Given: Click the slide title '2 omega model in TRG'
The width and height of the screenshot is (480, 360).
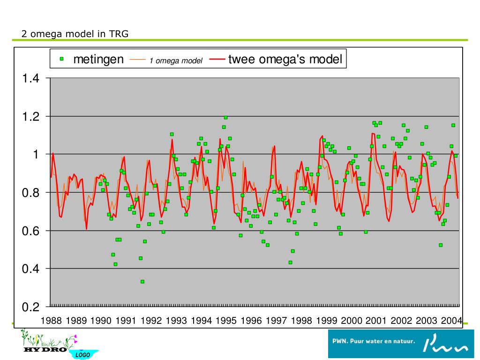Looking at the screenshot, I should click(x=75, y=34).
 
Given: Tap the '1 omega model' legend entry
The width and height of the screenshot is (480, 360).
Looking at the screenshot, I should click(x=176, y=60).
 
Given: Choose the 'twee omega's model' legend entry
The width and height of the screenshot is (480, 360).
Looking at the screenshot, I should click(x=285, y=60).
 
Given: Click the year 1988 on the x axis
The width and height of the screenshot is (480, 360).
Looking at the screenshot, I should click(x=51, y=321).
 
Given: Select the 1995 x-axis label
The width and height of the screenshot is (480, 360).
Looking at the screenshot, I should click(x=227, y=321).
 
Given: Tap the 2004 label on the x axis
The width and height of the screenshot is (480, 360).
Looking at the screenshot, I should click(x=452, y=321).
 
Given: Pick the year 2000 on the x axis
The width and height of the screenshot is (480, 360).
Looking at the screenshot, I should click(x=352, y=321).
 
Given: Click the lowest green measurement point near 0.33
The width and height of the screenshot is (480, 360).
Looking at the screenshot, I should click(x=142, y=282).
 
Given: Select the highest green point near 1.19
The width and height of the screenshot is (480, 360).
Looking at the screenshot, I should click(x=225, y=117).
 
